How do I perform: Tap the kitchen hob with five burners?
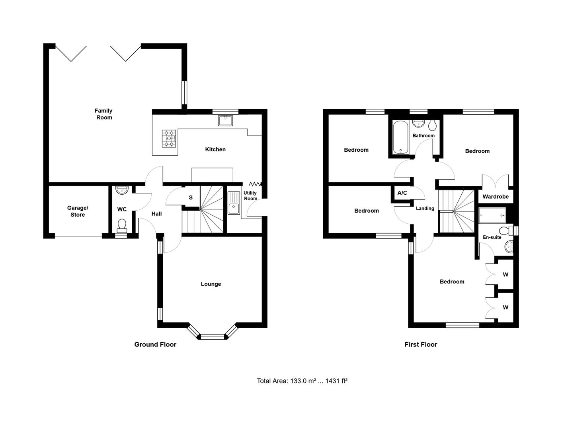169,139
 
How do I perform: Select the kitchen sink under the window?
225,121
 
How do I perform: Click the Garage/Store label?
78,211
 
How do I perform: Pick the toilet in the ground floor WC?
122,226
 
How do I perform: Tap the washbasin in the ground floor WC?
122,190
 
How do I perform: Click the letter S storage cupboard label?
191,197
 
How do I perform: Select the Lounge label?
211,284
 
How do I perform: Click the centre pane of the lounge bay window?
212,336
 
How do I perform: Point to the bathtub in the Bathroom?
400,137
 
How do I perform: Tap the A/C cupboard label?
402,193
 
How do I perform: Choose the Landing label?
425,209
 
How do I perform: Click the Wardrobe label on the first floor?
496,197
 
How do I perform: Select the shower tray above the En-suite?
492,215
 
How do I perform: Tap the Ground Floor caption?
155,344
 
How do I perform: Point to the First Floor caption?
421,344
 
